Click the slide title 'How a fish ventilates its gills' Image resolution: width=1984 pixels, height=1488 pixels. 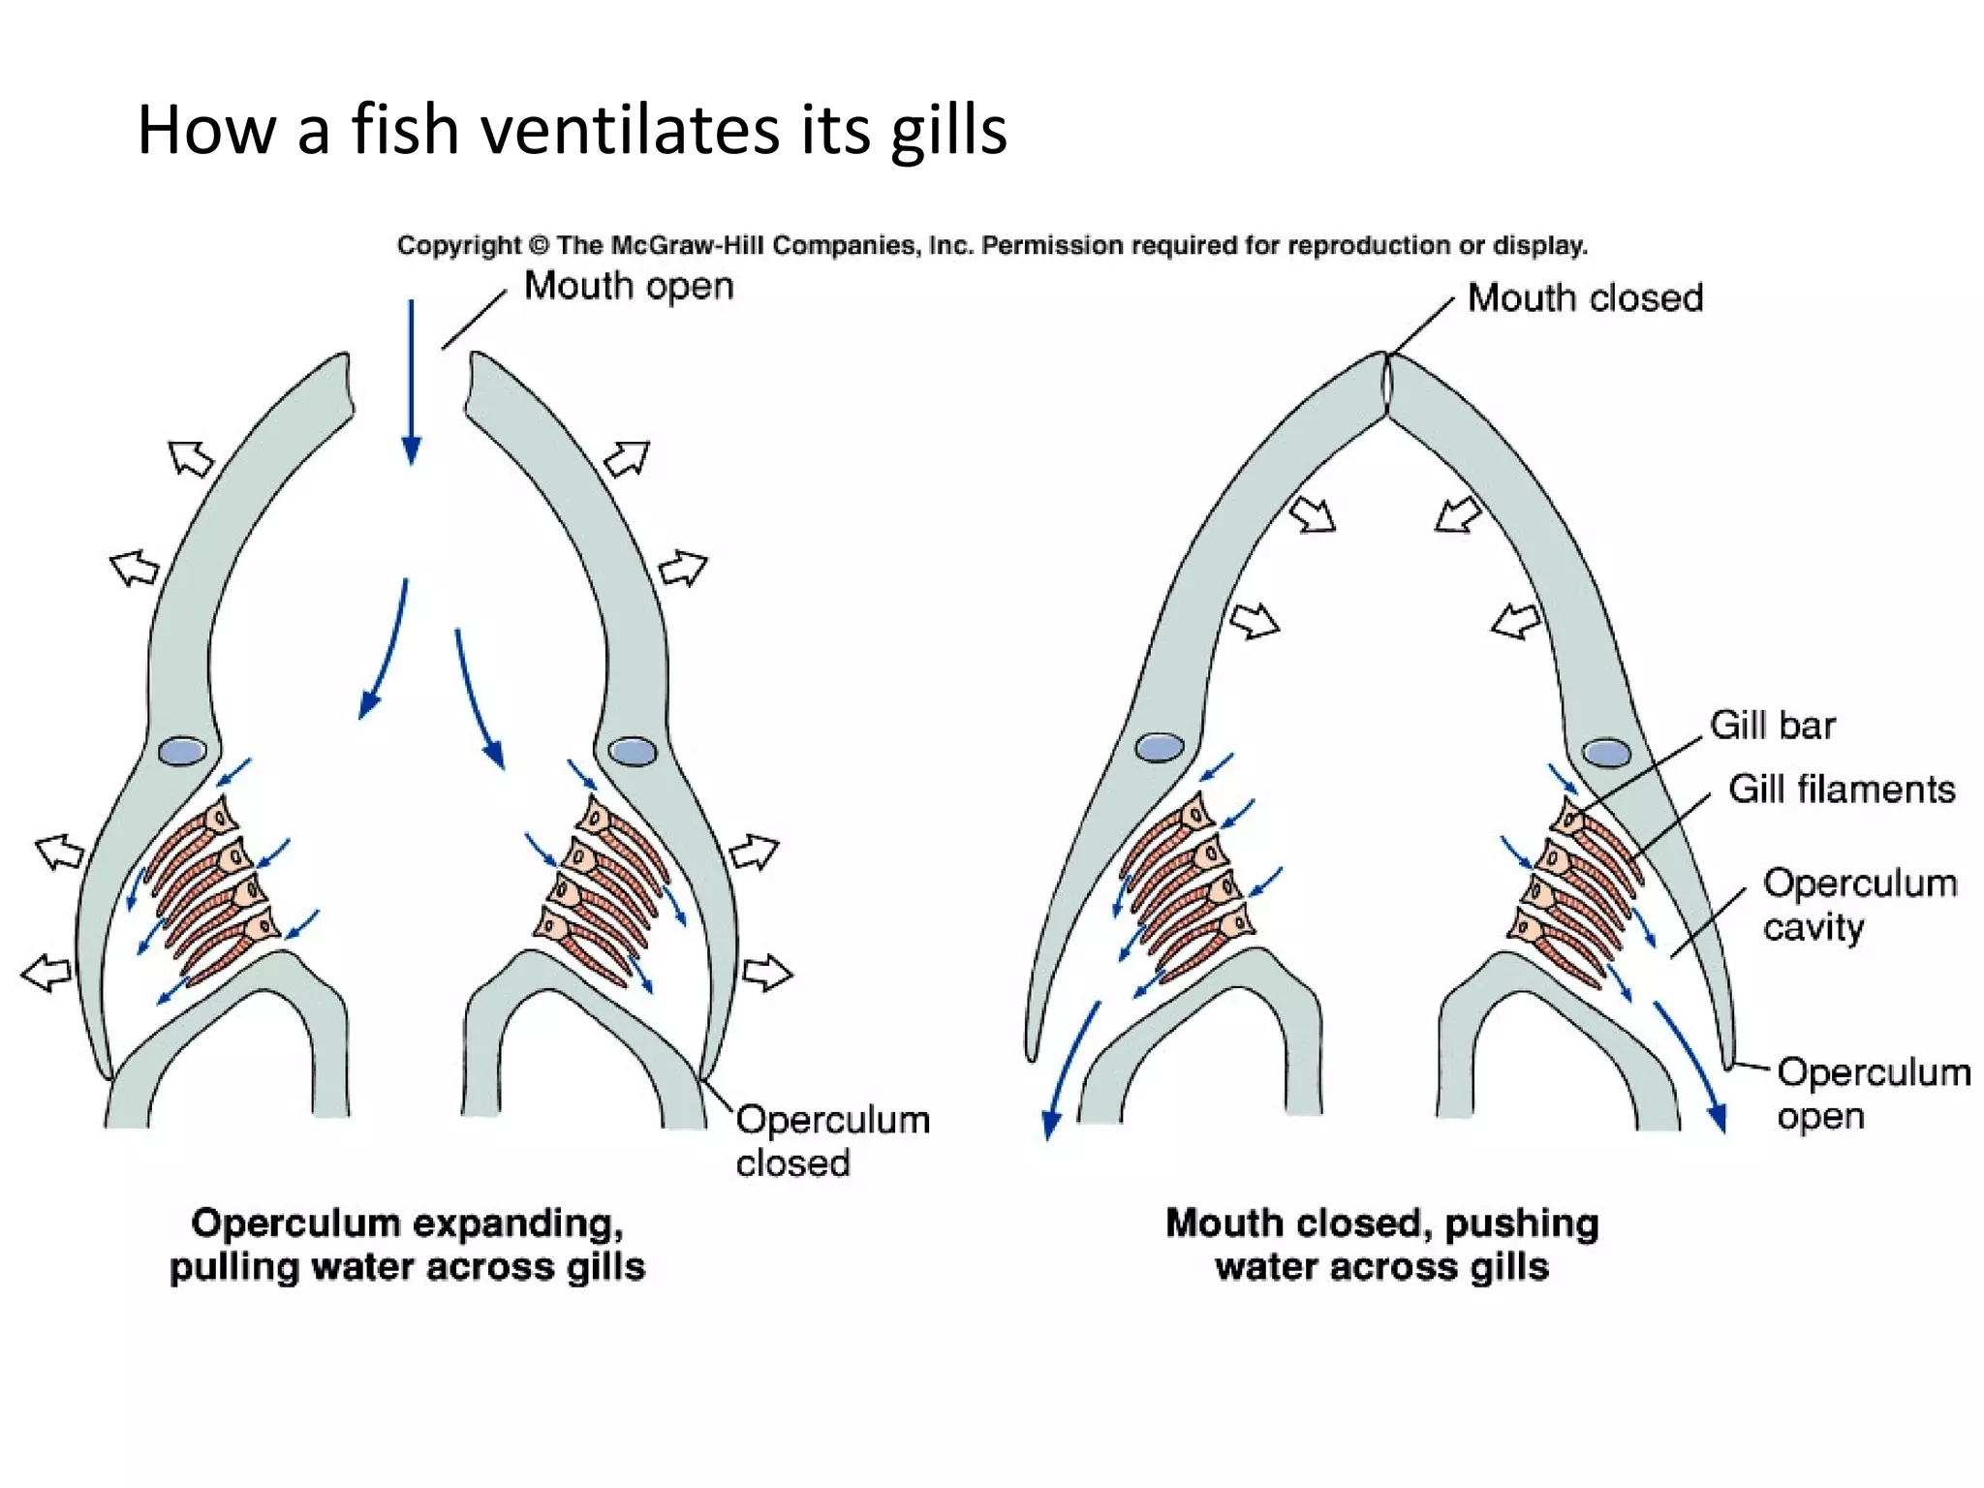click(x=572, y=130)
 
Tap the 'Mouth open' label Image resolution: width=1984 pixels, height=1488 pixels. click(x=629, y=287)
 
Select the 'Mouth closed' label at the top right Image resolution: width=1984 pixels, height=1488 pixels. click(x=1585, y=298)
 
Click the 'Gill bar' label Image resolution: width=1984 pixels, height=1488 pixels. click(x=1772, y=726)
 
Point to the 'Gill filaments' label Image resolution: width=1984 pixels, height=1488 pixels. click(x=1842, y=790)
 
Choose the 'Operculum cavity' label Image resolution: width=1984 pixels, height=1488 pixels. click(x=1858, y=905)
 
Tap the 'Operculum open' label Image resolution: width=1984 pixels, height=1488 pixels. click(x=1872, y=1094)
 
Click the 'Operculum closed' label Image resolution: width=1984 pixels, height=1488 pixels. click(x=831, y=1141)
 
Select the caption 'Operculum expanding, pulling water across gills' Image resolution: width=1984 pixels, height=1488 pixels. click(x=407, y=1245)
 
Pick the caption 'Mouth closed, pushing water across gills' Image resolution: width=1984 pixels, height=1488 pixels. click(x=1381, y=1245)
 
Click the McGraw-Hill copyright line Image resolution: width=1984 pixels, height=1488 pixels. click(x=991, y=245)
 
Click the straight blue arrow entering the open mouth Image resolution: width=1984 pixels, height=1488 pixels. click(x=411, y=383)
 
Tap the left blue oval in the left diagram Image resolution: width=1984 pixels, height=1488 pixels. click(x=182, y=751)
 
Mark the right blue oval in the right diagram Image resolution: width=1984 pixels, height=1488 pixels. click(x=1605, y=753)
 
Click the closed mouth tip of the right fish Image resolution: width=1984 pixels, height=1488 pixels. click(x=1387, y=383)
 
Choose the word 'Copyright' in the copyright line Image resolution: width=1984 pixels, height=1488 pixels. click(x=459, y=245)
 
